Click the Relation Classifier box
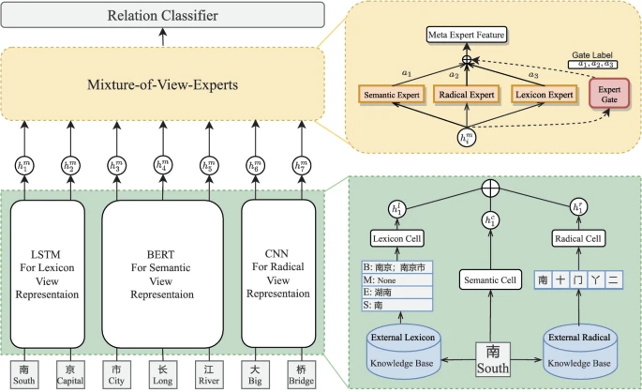[x=163, y=16]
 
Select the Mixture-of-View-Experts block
[x=163, y=86]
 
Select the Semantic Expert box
[x=392, y=94]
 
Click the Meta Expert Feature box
[x=467, y=35]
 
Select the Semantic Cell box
[x=492, y=279]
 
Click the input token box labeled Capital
[x=70, y=373]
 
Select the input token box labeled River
[x=208, y=373]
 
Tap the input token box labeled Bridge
[x=301, y=373]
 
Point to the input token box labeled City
[x=117, y=373]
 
